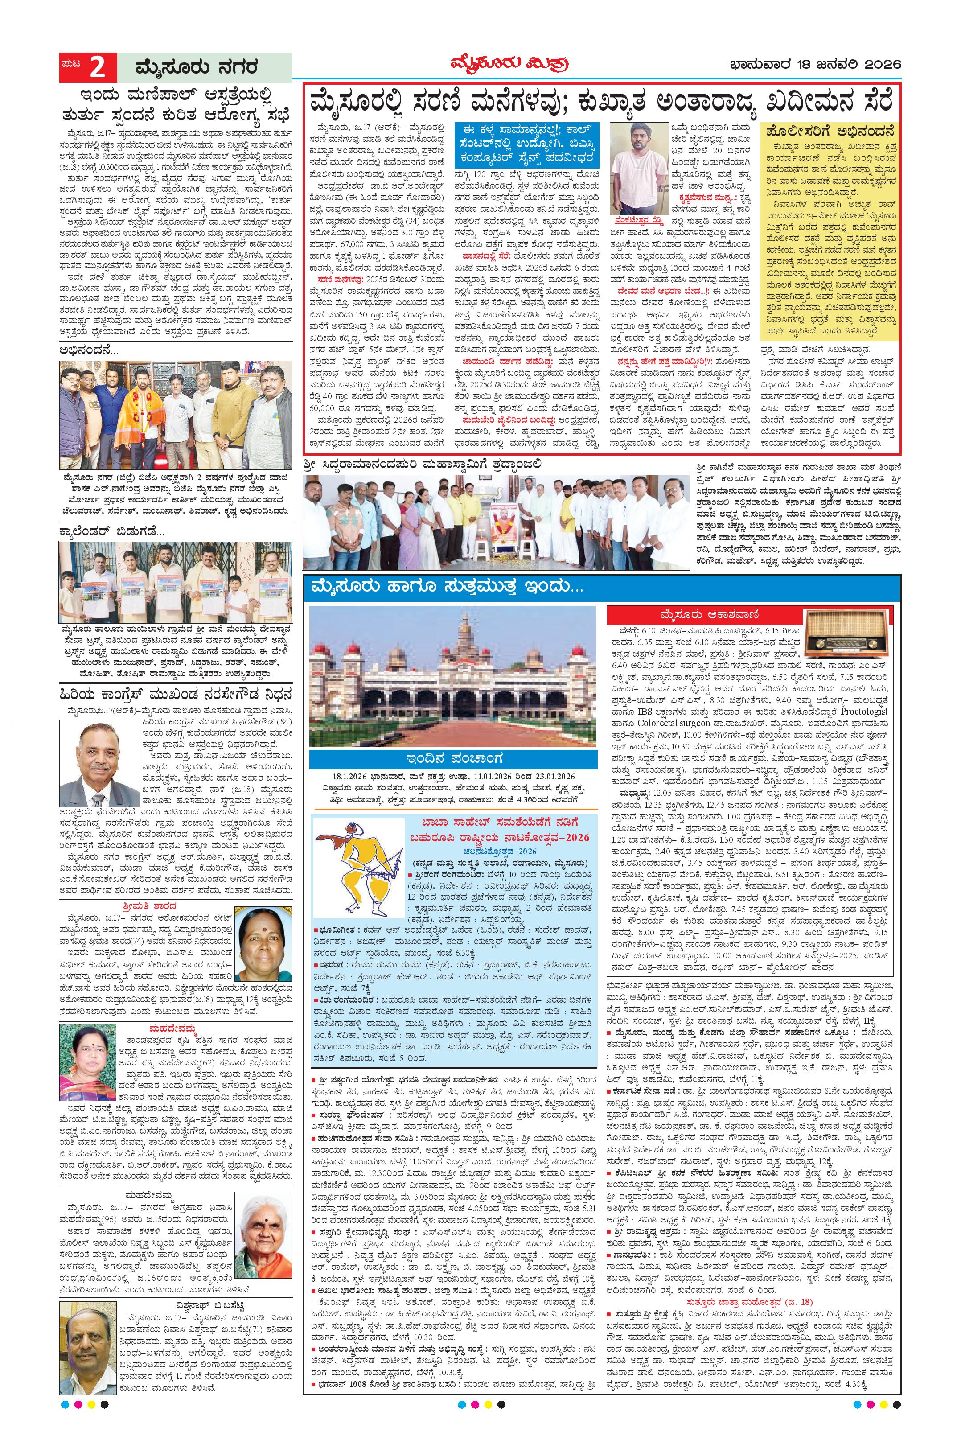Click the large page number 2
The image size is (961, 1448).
[96, 67]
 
